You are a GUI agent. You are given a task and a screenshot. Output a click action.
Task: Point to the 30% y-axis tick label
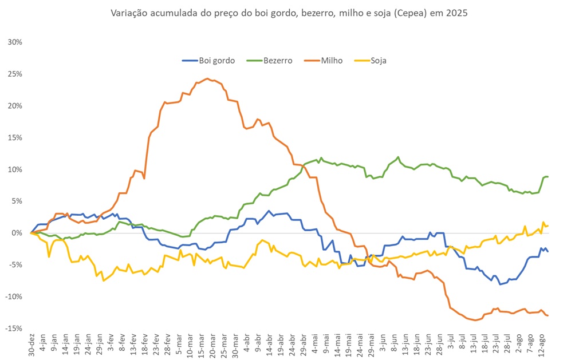[15, 42]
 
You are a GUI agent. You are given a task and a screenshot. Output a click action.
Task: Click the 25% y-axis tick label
[15, 74]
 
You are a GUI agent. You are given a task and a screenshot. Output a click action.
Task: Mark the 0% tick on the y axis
[17, 233]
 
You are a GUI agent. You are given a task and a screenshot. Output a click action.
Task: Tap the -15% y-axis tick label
[14, 328]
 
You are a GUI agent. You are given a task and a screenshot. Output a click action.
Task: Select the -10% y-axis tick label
[14, 296]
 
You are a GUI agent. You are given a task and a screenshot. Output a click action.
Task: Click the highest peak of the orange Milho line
[207, 79]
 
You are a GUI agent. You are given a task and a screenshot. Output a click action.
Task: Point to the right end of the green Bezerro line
[548, 176]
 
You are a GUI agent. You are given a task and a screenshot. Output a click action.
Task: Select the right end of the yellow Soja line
[548, 226]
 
